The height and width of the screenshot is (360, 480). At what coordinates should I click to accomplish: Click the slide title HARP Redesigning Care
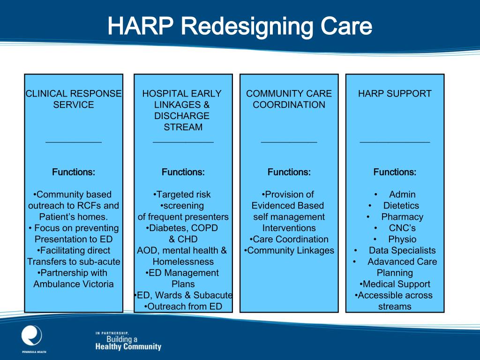pyautogui.click(x=240, y=27)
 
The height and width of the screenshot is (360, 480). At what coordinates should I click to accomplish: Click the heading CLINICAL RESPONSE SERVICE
pyautogui.click(x=74, y=99)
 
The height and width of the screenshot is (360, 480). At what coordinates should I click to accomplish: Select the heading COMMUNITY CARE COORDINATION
pyautogui.click(x=289, y=99)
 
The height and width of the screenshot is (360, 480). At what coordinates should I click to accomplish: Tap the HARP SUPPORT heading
pyautogui.click(x=395, y=93)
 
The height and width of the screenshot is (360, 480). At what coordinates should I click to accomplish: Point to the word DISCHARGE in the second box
pyautogui.click(x=182, y=116)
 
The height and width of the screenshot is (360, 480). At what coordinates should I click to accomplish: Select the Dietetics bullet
pyautogui.click(x=401, y=205)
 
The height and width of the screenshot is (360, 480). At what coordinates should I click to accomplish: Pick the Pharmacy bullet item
pyautogui.click(x=402, y=217)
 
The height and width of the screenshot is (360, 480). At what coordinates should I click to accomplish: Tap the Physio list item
pyautogui.click(x=402, y=239)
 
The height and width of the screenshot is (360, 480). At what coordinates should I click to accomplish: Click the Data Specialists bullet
pyautogui.click(x=402, y=250)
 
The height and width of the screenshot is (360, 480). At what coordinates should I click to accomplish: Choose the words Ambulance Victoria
pyautogui.click(x=74, y=284)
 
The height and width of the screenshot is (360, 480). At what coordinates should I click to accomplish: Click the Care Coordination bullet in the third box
pyautogui.click(x=289, y=239)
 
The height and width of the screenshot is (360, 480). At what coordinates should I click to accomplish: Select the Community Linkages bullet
pyautogui.click(x=289, y=250)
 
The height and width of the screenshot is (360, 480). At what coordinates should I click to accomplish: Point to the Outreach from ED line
pyautogui.click(x=183, y=307)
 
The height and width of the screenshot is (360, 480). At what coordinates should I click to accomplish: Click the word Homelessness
pyautogui.click(x=183, y=262)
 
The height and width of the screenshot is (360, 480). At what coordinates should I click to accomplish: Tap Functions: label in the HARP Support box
pyautogui.click(x=395, y=172)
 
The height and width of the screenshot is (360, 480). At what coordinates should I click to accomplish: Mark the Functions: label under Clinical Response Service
pyautogui.click(x=74, y=172)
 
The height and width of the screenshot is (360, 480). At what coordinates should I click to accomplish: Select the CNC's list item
pyautogui.click(x=402, y=228)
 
